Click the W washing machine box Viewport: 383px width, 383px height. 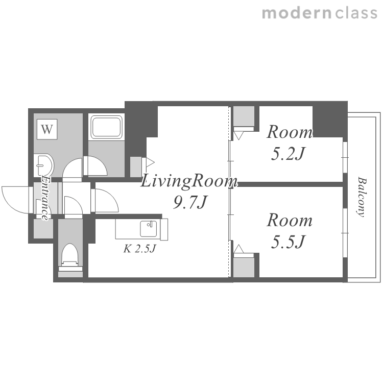pos(47,129)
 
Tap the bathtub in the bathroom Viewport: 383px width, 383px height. pos(107,127)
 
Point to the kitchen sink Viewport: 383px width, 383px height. pos(149,229)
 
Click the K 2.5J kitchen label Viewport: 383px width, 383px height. pos(140,249)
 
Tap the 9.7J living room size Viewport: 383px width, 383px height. pos(190,203)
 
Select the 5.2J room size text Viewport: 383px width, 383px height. pos(288,154)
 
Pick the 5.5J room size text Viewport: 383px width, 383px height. pos(288,242)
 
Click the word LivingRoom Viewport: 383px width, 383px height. pos(188,181)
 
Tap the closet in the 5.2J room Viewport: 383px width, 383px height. pos(244,116)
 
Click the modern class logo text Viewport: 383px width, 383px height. pos(320,13)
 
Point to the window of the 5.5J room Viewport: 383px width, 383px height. pos(345,233)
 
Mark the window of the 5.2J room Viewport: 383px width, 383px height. pos(345,158)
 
